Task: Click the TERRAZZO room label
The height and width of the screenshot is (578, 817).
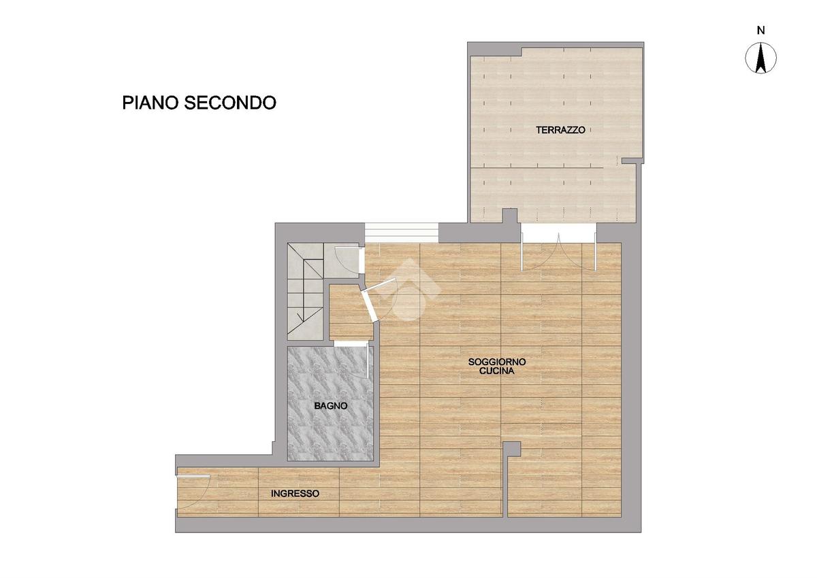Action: coord(560,130)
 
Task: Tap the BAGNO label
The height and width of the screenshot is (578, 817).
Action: coord(331,406)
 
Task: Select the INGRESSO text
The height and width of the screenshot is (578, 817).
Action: coord(295,494)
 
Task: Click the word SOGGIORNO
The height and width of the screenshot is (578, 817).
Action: coord(497,362)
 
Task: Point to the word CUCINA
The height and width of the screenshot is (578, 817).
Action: coord(497,371)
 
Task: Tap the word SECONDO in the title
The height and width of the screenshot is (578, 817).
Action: coord(230,103)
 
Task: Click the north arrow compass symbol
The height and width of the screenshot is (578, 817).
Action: coord(761,58)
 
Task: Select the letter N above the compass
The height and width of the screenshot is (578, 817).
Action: coord(761,31)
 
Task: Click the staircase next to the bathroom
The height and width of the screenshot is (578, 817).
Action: coord(305,291)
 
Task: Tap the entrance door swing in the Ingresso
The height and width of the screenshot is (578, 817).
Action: coord(193,492)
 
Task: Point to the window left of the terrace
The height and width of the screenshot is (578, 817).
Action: coord(401,233)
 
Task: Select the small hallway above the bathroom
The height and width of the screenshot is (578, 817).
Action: coord(349,313)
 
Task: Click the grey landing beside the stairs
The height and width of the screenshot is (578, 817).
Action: coord(342,260)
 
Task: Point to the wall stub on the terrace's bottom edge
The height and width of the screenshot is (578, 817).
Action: coord(509,216)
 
